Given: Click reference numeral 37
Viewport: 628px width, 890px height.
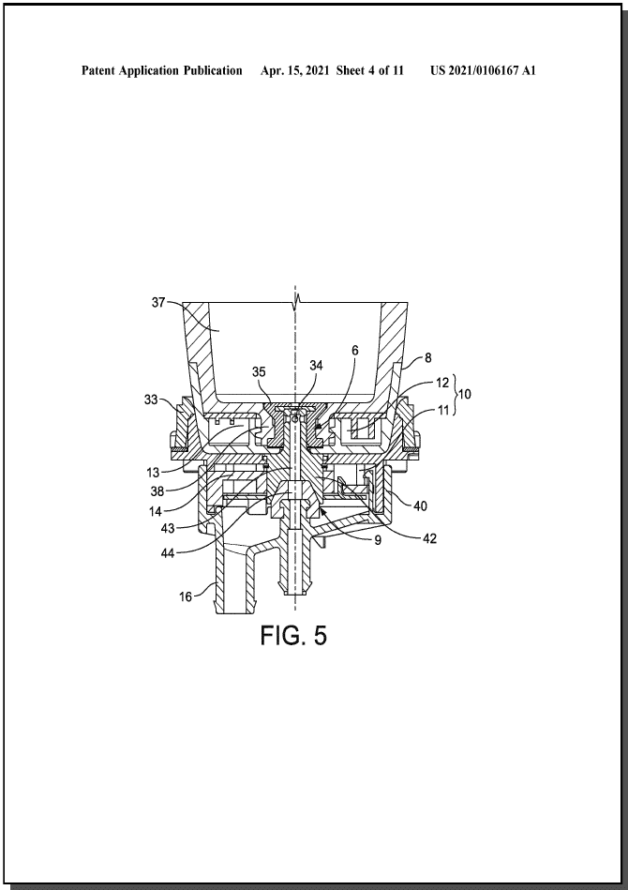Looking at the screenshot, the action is click(158, 303).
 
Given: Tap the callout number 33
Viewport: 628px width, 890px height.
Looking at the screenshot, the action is click(151, 400).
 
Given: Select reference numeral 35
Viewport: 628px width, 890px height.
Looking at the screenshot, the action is click(259, 371).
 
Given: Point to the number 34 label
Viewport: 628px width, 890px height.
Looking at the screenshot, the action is click(316, 366).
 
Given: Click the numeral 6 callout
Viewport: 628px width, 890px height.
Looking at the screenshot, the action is click(355, 350).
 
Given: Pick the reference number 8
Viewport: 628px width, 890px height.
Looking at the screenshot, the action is click(427, 357).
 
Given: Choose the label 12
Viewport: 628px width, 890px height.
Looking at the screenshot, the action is click(442, 384).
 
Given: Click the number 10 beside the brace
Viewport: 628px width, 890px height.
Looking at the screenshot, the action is click(464, 393).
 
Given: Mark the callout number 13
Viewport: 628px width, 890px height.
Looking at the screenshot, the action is click(152, 473).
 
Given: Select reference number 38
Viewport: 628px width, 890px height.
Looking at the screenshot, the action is click(157, 492).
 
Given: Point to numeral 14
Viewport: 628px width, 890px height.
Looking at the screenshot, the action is click(156, 511).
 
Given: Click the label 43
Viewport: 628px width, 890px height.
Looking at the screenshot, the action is click(168, 529).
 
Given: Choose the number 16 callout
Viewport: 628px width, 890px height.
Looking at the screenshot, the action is click(186, 596).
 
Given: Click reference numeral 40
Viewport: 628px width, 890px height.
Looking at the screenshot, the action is click(420, 505).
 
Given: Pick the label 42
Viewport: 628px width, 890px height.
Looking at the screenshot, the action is click(429, 538).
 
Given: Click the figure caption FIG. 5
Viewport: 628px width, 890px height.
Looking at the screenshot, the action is click(293, 635).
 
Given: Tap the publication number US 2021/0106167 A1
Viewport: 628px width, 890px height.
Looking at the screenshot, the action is click(483, 70).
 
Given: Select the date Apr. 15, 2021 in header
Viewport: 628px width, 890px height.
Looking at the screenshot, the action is click(294, 70).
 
